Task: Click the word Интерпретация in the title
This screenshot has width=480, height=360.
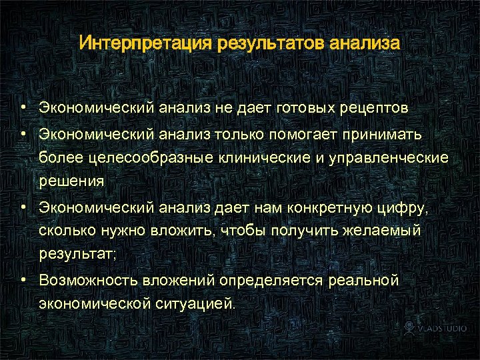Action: coord(144,44)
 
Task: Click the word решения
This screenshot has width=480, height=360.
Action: coord(71,180)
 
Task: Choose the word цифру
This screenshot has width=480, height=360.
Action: coord(409,208)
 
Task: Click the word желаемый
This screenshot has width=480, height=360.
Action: coord(392,231)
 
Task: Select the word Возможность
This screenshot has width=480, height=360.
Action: coord(86,281)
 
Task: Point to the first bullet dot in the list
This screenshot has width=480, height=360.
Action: coord(23,107)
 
